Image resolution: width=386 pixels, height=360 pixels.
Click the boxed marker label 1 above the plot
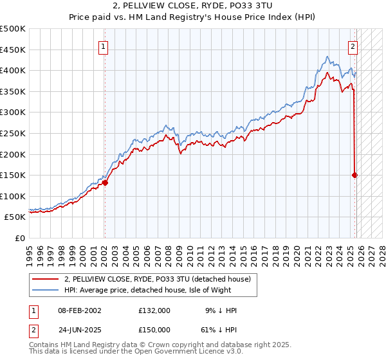pos(104,46)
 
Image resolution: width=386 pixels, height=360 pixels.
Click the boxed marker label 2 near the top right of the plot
pos(353,46)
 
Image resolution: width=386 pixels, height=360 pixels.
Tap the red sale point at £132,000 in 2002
pos(105,183)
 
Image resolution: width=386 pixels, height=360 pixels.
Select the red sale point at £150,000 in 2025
pos(355,175)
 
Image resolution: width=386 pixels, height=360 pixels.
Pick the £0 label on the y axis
pos(19,238)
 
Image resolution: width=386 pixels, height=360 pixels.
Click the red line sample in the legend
pos(46,278)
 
